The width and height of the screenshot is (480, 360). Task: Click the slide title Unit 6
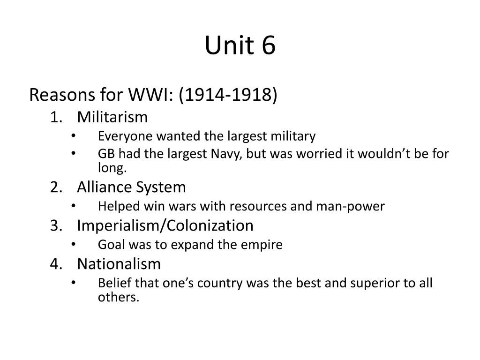(x=240, y=46)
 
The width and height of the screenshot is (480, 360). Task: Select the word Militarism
(x=112, y=117)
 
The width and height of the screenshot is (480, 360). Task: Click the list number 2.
(x=56, y=187)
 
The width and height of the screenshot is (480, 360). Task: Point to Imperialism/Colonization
(x=165, y=225)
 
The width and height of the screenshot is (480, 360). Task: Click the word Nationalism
(x=119, y=264)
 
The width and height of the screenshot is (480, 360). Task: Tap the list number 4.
(x=56, y=264)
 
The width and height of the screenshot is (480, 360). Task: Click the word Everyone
(x=125, y=136)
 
